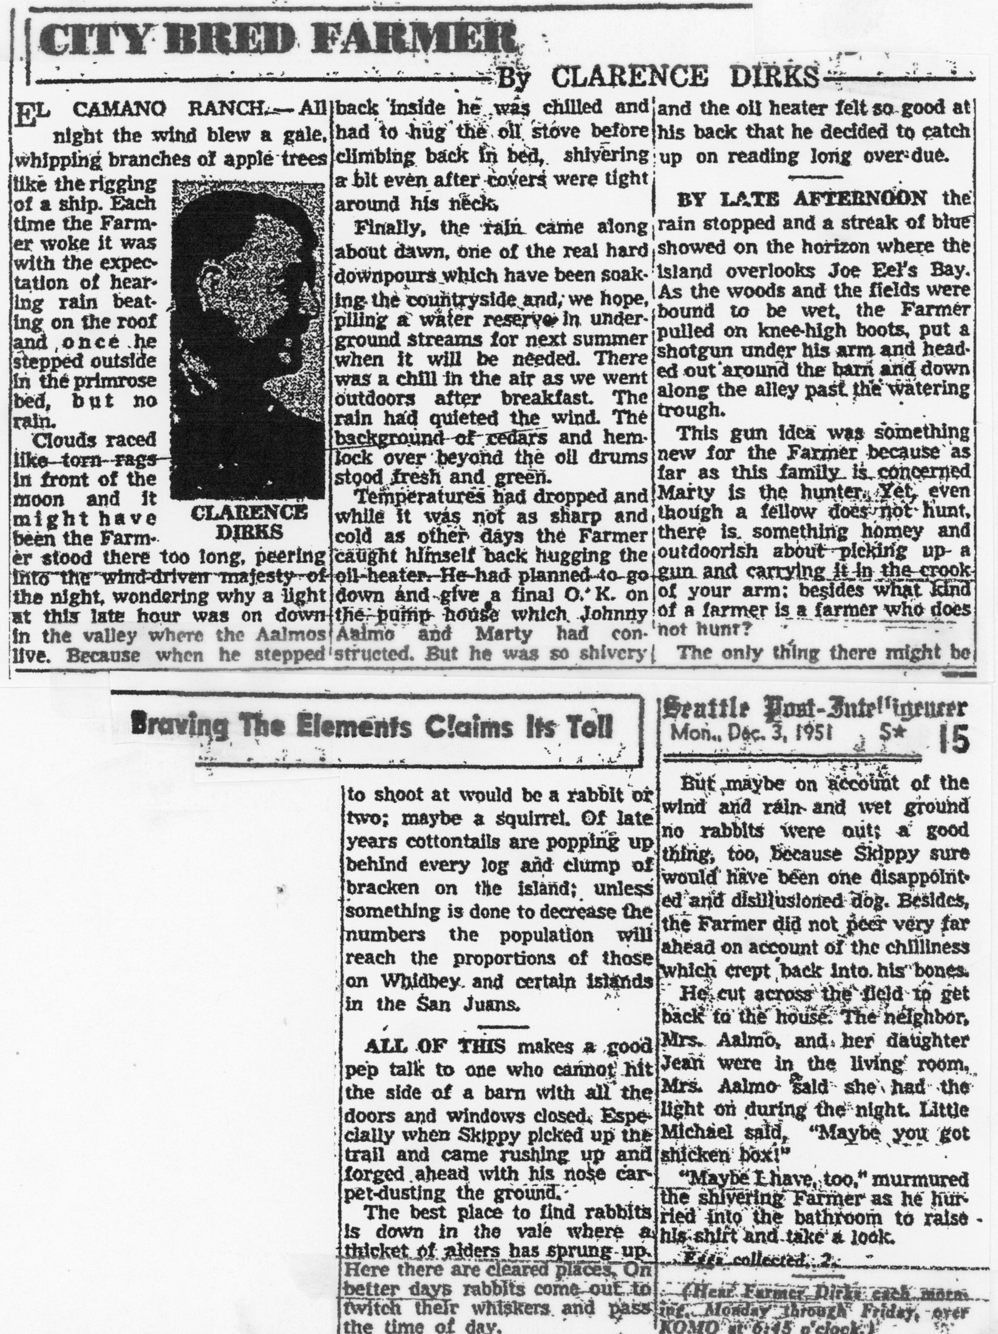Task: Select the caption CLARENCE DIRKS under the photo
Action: (249, 522)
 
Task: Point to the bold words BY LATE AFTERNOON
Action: (801, 198)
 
